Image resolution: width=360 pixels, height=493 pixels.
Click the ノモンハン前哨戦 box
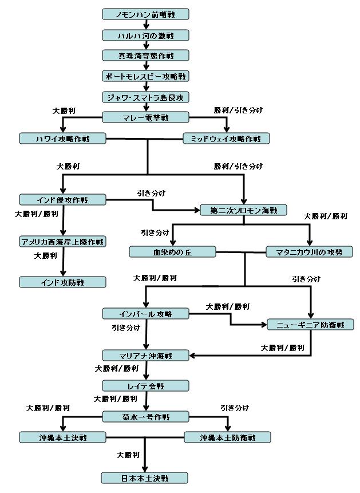(x=145, y=14)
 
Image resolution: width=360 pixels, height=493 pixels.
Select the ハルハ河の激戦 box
(x=145, y=36)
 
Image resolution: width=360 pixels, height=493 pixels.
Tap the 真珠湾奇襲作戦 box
(x=145, y=56)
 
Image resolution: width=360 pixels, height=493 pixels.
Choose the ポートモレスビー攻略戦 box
(x=145, y=76)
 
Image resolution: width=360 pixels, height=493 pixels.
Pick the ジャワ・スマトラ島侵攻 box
(x=145, y=97)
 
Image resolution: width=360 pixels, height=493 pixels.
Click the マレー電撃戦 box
(x=145, y=117)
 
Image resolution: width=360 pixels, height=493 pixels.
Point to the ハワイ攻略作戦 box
(x=62, y=139)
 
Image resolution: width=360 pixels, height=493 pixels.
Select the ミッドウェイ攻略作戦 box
(x=227, y=139)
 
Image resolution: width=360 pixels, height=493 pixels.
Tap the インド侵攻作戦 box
(x=62, y=200)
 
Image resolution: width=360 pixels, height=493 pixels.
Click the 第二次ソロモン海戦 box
(x=244, y=210)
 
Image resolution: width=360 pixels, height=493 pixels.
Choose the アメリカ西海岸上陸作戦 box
(x=62, y=242)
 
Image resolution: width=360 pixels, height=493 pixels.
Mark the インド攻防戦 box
(x=62, y=282)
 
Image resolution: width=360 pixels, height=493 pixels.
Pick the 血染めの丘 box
(x=173, y=252)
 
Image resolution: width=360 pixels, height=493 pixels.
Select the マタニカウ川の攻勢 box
(x=310, y=252)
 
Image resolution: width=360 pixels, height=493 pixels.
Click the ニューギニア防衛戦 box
(x=311, y=325)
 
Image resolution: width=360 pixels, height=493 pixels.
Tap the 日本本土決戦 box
(x=145, y=478)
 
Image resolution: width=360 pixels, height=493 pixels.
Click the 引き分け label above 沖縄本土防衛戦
(x=235, y=408)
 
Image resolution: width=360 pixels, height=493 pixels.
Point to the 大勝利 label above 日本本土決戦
(x=128, y=455)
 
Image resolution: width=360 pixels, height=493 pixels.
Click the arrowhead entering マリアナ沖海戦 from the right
(x=192, y=356)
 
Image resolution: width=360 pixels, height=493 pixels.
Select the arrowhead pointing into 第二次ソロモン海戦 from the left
(x=197, y=210)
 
